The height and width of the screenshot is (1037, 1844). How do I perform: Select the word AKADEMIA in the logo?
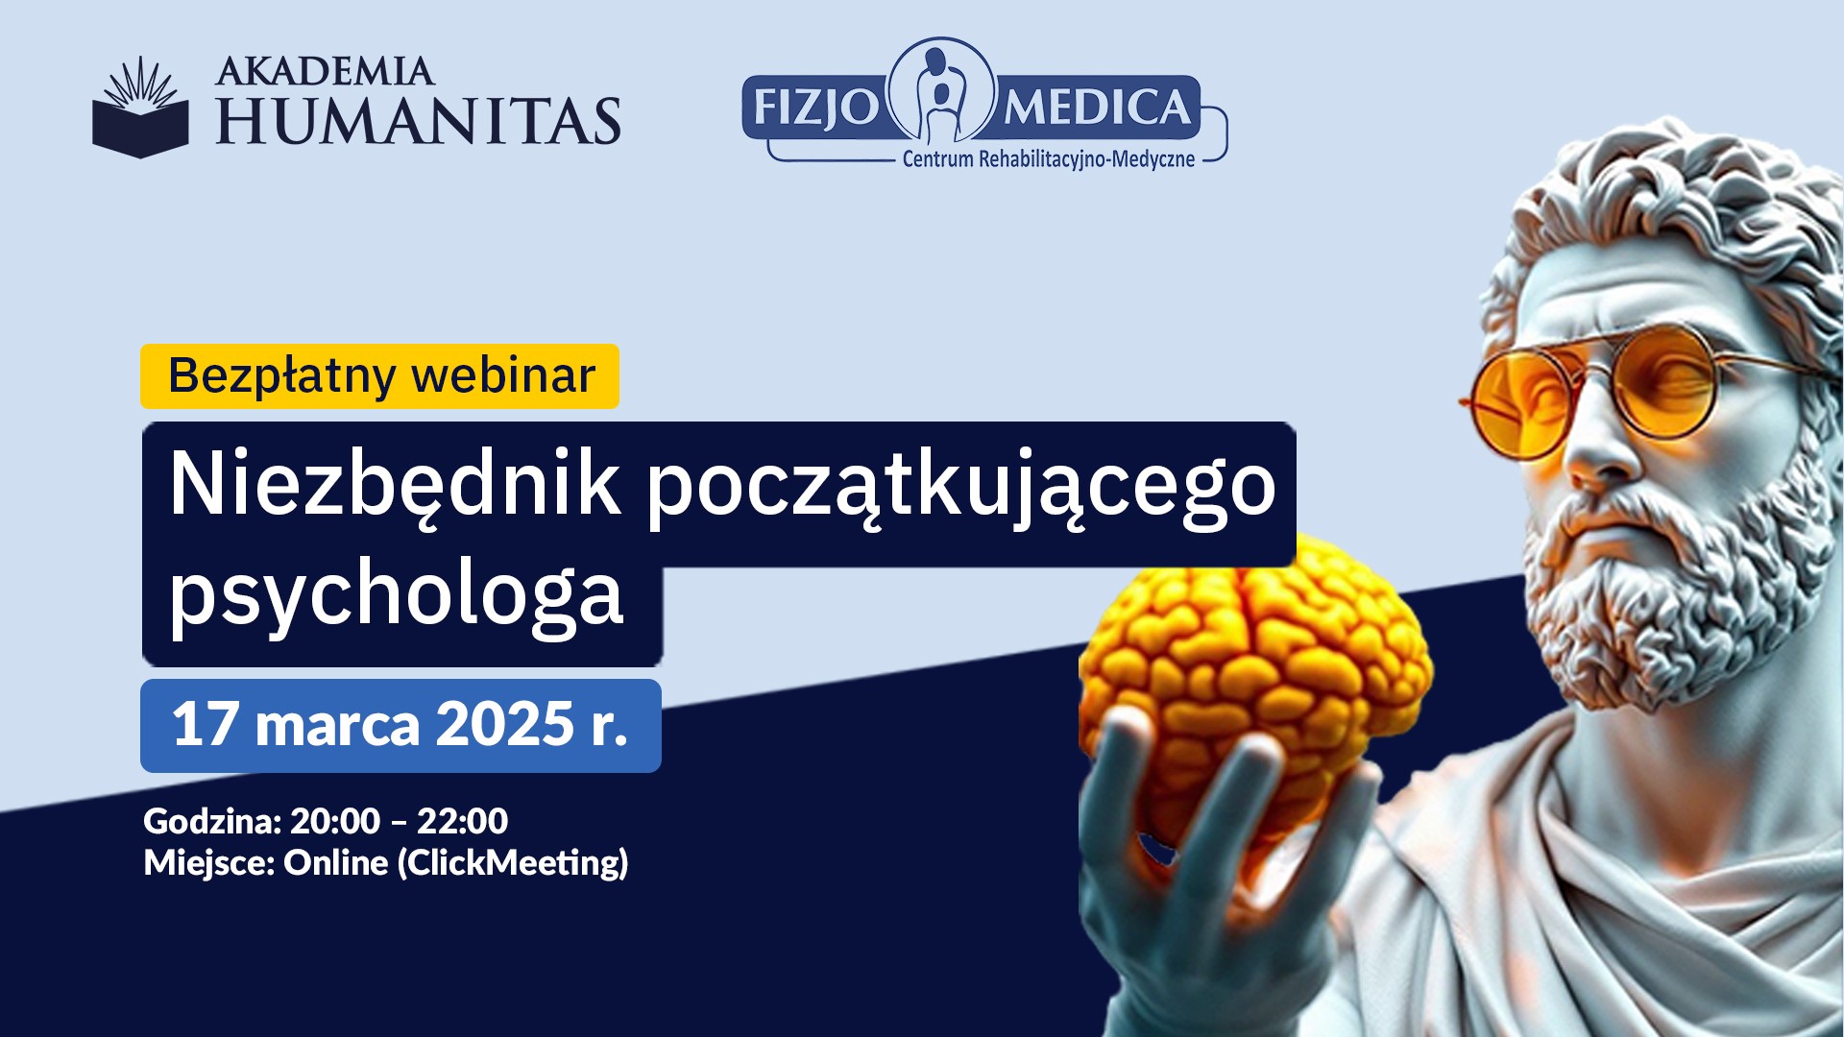pyautogui.click(x=326, y=72)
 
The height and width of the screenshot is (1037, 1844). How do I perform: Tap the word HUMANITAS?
pyautogui.click(x=419, y=121)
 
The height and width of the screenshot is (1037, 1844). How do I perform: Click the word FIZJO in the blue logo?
pyautogui.click(x=815, y=108)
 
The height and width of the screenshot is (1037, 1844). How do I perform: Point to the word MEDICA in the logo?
pyautogui.click(x=1097, y=107)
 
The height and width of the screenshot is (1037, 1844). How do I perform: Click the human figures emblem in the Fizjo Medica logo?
pyautogui.click(x=941, y=90)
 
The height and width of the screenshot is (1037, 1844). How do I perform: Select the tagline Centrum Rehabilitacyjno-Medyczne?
pyautogui.click(x=1049, y=159)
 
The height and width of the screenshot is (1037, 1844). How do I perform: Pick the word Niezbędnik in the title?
pyautogui.click(x=394, y=485)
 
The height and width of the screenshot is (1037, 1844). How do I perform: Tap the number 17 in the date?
pyautogui.click(x=206, y=724)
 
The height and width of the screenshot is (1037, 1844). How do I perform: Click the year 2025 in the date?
pyautogui.click(x=505, y=724)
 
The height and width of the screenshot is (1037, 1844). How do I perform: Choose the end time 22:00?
pyautogui.click(x=462, y=822)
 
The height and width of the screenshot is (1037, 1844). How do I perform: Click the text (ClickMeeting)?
pyautogui.click(x=513, y=863)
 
